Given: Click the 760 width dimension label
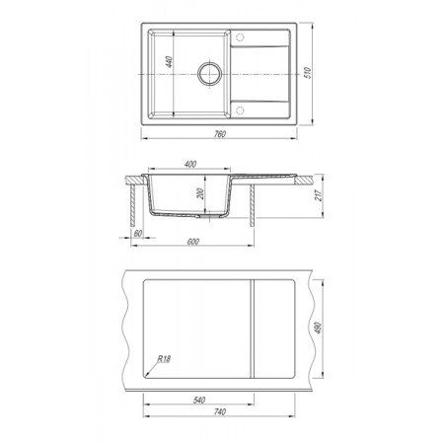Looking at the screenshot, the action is coord(220,134).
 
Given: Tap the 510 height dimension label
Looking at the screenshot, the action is coord(308,73).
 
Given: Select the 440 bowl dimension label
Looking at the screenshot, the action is coord(169,62).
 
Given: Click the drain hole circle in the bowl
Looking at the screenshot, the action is coord(210,74).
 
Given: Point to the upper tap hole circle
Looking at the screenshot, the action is coord(240,37).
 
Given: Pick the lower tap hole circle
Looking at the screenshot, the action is coord(240,111).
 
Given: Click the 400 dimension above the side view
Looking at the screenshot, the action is coord(190,164).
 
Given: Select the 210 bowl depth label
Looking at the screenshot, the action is coord(201,193).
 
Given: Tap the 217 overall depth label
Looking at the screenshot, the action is coord(319,195).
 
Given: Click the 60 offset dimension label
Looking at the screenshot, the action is coord(138,233).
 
